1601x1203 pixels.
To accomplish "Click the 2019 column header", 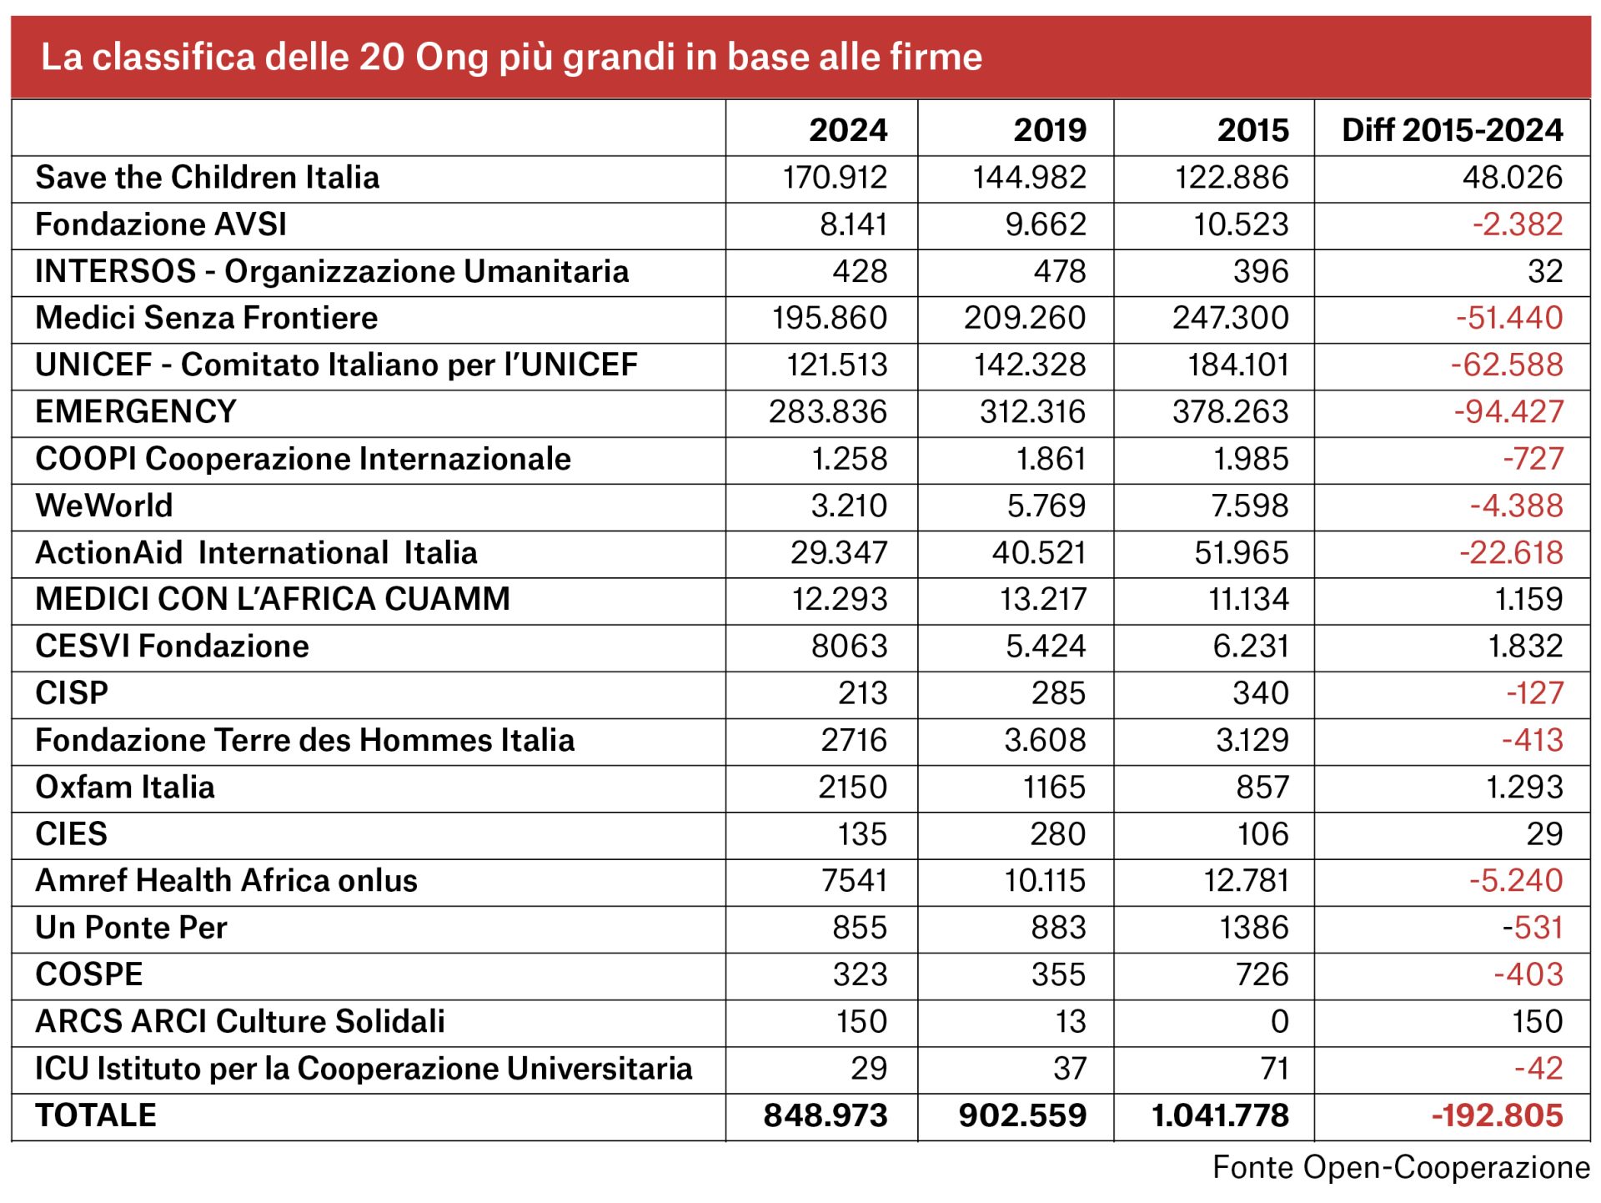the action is coord(1050,130).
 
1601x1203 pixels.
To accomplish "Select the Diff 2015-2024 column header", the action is coord(1452,130).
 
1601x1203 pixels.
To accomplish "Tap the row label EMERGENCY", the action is coord(136,411).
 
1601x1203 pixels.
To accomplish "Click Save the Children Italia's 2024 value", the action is coord(835,178).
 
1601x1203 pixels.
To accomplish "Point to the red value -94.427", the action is coord(1508,411).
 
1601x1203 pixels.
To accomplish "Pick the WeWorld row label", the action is coord(104,506).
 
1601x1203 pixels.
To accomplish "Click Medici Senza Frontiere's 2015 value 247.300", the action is coord(1230,318).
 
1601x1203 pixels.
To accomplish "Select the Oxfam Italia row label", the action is coord(125,787).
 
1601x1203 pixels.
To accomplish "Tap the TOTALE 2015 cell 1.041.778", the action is coord(1220,1115).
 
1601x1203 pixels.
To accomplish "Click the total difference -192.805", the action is coord(1497,1115).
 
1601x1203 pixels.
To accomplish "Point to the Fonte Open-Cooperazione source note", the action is coord(1401,1167).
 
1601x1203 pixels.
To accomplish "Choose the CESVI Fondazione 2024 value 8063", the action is coord(849,647).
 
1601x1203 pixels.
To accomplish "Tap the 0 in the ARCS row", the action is coord(1279,1021).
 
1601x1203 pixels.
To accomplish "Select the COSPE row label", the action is coord(89,974).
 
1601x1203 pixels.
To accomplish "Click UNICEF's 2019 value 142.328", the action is coord(1030,365).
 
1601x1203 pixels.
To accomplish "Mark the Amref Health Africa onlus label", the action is coord(226,881).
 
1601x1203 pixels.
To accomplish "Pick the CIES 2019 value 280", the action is coord(1057,834).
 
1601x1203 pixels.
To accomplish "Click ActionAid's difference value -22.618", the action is coord(1511,552).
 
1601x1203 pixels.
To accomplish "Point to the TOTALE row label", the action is coord(96,1115).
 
